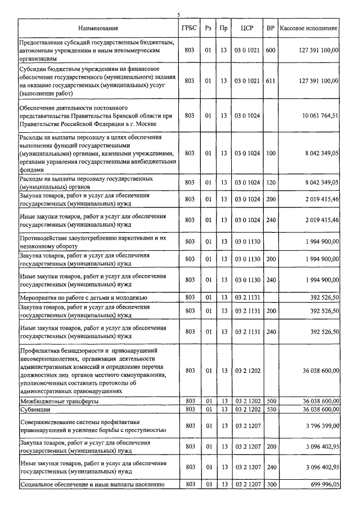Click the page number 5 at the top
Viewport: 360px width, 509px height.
178,15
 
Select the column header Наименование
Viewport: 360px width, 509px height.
98,28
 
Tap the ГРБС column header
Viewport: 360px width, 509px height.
190,28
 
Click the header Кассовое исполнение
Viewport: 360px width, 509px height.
309,28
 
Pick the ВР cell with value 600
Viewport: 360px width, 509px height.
271,50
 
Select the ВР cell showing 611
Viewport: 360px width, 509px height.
271,80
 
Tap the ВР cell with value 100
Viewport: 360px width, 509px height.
271,152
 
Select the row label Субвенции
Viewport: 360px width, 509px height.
35,409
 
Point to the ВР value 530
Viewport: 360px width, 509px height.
271,409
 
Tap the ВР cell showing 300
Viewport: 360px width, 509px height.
271,484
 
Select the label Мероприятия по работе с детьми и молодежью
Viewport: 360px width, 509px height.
83,297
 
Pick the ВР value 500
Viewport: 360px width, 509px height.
271,401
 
